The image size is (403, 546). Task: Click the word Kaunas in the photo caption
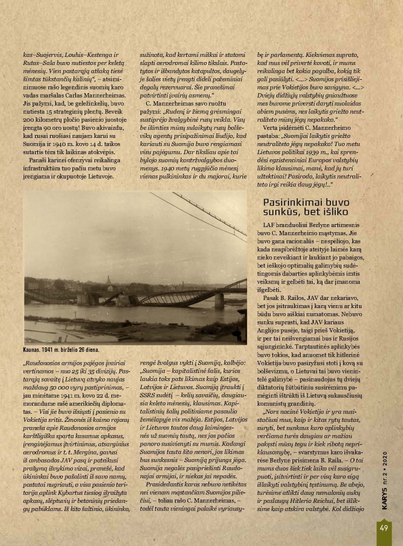[x=35, y=349]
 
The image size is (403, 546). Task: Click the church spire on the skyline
[x=109, y=280]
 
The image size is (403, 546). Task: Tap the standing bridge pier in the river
[x=219, y=300]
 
